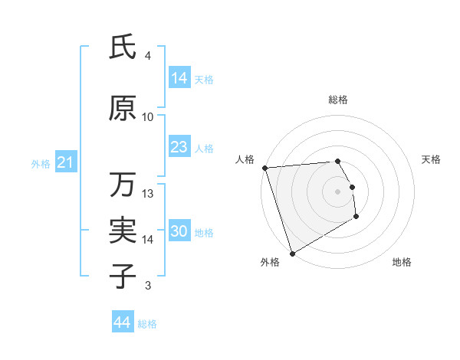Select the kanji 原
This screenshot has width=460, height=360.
pyautogui.click(x=123, y=110)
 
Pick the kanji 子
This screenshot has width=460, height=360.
pyautogui.click(x=123, y=276)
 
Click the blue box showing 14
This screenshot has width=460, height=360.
pyautogui.click(x=179, y=78)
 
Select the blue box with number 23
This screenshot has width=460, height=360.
pyautogui.click(x=179, y=147)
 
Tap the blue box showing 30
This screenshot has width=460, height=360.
pyautogui.click(x=179, y=231)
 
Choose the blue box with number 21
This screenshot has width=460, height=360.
pyautogui.click(x=65, y=162)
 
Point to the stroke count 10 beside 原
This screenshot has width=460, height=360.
pyautogui.click(x=148, y=116)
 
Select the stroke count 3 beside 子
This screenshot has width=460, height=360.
pyautogui.click(x=148, y=286)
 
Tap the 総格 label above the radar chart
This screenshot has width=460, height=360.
pyautogui.click(x=338, y=100)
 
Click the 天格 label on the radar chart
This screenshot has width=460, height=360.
pyautogui.click(x=432, y=159)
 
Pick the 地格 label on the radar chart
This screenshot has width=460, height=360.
pyautogui.click(x=402, y=262)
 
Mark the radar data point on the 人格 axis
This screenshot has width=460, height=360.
pyautogui.click(x=264, y=168)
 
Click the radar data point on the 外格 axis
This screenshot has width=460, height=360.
pyautogui.click(x=291, y=253)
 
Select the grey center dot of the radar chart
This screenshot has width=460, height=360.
pyautogui.click(x=338, y=191)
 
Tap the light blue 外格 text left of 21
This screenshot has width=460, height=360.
pyautogui.click(x=40, y=163)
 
